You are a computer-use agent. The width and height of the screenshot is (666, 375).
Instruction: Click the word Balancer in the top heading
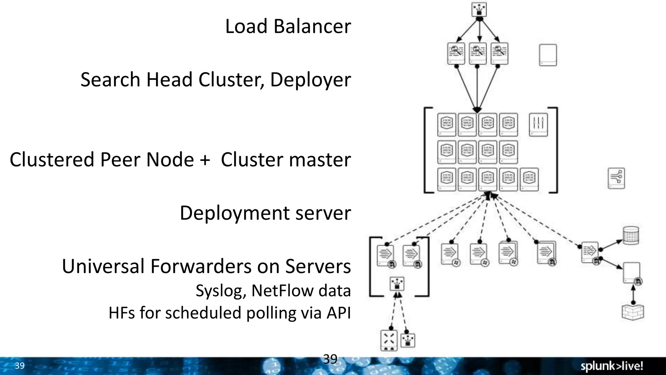(x=312, y=26)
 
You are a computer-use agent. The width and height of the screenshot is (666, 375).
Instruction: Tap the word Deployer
(x=310, y=80)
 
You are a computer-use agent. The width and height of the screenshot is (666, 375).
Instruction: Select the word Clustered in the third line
(x=52, y=160)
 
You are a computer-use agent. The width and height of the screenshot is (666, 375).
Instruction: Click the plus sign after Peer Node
(x=205, y=160)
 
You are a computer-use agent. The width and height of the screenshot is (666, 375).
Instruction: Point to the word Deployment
(x=234, y=214)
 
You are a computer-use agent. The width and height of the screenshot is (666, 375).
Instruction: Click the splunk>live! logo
(x=611, y=366)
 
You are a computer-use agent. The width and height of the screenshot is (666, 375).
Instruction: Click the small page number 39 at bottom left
(x=20, y=366)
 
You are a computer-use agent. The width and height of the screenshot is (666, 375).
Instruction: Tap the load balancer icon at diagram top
(x=479, y=9)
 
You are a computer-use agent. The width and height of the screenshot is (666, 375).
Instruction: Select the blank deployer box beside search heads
(x=548, y=55)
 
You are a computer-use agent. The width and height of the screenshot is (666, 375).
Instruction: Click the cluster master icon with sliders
(x=538, y=124)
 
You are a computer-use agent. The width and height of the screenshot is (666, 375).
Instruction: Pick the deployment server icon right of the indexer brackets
(x=616, y=178)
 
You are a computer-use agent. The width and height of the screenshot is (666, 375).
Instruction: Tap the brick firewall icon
(x=633, y=312)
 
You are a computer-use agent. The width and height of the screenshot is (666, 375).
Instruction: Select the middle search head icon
(x=477, y=53)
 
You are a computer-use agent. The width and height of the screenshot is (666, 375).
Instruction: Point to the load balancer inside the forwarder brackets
(x=397, y=284)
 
